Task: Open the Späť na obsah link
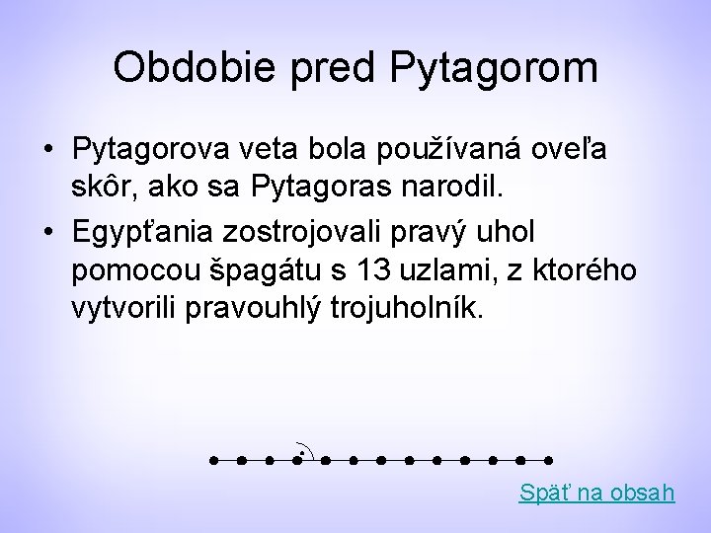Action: click(596, 492)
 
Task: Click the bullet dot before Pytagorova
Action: click(47, 151)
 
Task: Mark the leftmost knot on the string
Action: click(212, 460)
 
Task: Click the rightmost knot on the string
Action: click(548, 460)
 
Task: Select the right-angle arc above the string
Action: click(305, 450)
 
